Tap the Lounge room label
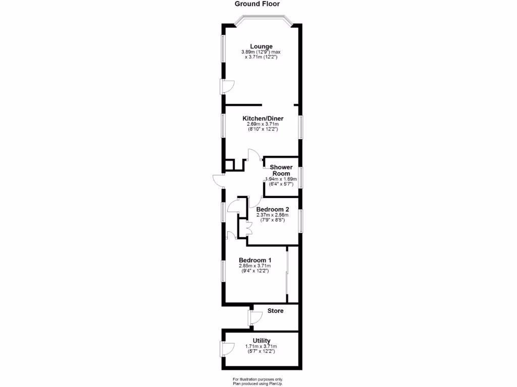pos(261,46)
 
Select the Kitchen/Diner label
pos(263,118)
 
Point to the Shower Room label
pos(281,170)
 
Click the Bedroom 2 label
pos(273,209)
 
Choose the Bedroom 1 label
pos(255,260)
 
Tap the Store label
pos(275,311)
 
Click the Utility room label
pos(262,341)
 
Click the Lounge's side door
pos(225,87)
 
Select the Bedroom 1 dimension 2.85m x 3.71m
pos(255,266)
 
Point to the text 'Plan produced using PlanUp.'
pos(258,383)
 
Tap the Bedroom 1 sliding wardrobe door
pos(287,275)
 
